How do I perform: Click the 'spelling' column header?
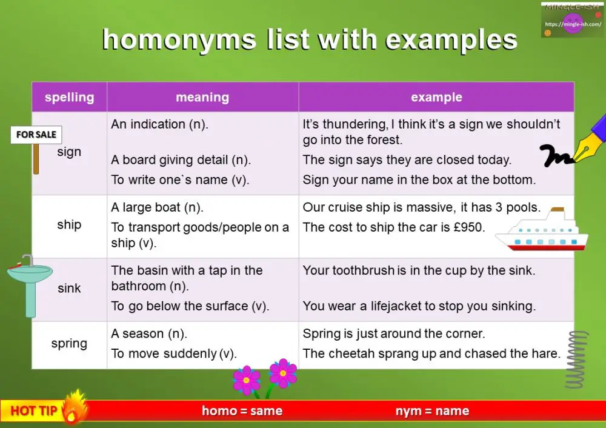click(x=69, y=97)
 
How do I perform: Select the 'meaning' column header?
click(x=202, y=97)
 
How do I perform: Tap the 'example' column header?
click(x=436, y=97)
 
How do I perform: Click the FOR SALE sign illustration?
click(x=36, y=135)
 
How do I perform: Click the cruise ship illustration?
click(x=541, y=233)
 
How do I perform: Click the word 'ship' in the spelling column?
click(x=69, y=224)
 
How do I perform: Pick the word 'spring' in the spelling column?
click(x=69, y=344)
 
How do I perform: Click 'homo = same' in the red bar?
click(x=242, y=411)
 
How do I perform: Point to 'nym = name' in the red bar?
click(x=432, y=411)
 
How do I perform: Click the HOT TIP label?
click(x=33, y=411)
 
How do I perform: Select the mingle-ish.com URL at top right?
click(x=573, y=25)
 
